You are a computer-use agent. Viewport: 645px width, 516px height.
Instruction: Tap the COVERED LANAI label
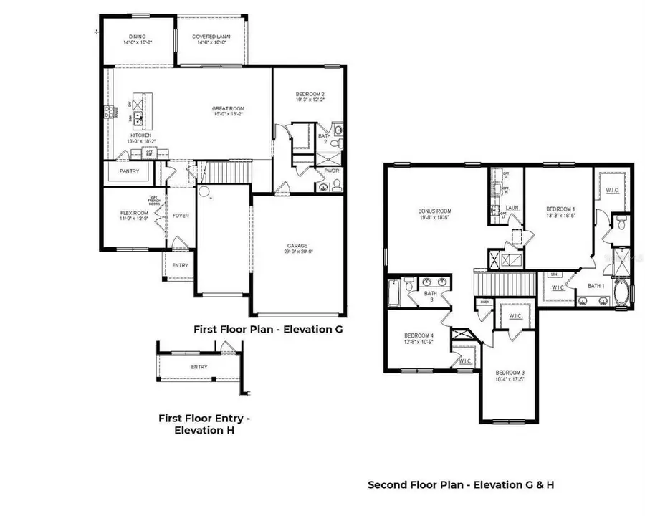(211, 37)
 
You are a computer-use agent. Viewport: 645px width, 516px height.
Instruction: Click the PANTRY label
(129, 171)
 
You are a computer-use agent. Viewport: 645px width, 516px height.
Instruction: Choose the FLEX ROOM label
(133, 213)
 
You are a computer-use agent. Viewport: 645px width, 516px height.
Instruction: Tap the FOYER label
(181, 215)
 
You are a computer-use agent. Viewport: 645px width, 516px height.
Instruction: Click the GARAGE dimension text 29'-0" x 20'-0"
(300, 251)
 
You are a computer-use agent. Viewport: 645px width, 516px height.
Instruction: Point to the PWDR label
(332, 172)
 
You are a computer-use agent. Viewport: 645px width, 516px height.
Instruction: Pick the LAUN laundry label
(512, 209)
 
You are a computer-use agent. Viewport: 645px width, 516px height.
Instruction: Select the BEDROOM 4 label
(419, 336)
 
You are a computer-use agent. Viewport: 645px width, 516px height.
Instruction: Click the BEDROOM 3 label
(509, 373)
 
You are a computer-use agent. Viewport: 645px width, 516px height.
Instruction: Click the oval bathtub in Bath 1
(621, 294)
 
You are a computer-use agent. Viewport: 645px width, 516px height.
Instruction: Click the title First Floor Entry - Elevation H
(204, 424)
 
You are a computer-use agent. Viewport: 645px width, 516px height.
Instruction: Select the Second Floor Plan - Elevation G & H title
(461, 484)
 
